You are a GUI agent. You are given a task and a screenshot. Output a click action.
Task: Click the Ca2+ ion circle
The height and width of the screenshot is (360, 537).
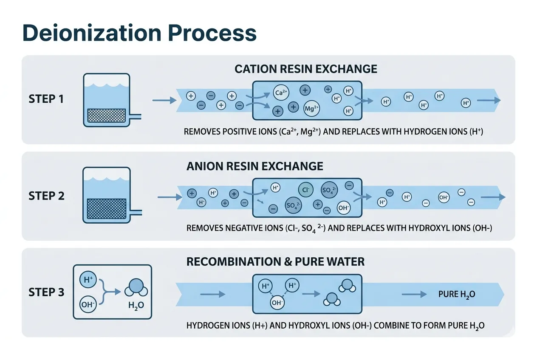point(280,93)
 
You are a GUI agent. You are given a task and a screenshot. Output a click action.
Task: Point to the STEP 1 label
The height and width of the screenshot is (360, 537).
point(46,99)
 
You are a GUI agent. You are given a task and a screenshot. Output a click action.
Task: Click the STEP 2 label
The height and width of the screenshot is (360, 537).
point(46,196)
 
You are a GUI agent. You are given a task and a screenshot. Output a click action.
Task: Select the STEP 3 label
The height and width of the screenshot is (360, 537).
point(46,292)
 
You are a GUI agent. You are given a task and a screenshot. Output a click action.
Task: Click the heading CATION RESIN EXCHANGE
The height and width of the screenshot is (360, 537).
point(306,69)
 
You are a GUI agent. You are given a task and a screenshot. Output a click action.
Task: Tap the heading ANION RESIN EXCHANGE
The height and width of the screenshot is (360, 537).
point(255,166)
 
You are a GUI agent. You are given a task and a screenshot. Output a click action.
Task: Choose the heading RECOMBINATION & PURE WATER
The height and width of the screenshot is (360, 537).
point(275,262)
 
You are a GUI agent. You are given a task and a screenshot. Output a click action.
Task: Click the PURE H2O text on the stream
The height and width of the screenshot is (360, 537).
point(456,294)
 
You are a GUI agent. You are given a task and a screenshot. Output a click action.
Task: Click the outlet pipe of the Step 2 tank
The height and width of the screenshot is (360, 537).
point(136,211)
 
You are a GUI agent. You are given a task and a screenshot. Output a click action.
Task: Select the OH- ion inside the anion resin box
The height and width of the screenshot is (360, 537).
point(343,208)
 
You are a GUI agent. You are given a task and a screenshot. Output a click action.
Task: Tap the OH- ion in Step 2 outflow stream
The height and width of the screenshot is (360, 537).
point(444,197)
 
